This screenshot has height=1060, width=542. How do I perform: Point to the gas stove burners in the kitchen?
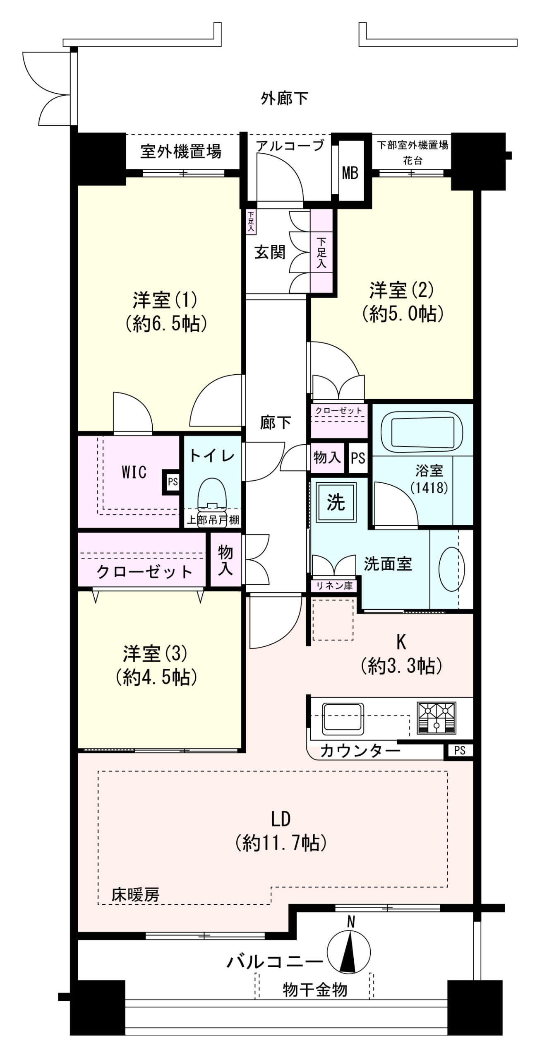pyautogui.click(x=436, y=717)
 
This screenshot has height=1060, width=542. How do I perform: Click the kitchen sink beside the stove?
pyautogui.click(x=343, y=717)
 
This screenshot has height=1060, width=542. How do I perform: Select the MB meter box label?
pyautogui.click(x=350, y=173)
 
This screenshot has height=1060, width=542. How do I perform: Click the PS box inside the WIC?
pyautogui.click(x=173, y=482)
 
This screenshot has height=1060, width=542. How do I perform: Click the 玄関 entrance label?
pyautogui.click(x=270, y=252)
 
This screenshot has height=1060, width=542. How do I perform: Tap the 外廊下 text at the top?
pyautogui.click(x=284, y=99)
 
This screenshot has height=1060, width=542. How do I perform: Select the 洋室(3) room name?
pyautogui.click(x=155, y=653)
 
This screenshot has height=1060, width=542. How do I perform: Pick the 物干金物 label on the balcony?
pyautogui.click(x=315, y=990)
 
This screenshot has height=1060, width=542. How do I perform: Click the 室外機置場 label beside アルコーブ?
pyautogui.click(x=181, y=152)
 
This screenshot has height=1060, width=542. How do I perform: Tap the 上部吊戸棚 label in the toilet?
pyautogui.click(x=213, y=520)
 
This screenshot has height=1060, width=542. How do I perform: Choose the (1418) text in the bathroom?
pyautogui.click(x=429, y=487)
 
